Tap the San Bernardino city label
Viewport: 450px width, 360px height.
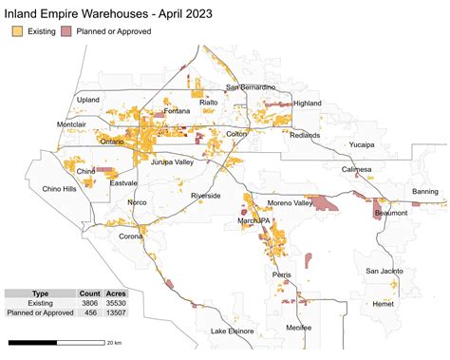[250, 88]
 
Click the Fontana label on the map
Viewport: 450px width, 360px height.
[177, 111]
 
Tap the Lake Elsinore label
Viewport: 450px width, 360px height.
[233, 331]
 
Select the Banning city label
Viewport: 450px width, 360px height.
[425, 192]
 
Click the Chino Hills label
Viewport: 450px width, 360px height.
[60, 189]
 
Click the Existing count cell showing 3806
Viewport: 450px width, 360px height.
[90, 304]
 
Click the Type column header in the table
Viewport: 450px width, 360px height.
[41, 294]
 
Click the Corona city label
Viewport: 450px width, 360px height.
[131, 236]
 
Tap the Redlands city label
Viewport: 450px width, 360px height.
[305, 136]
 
